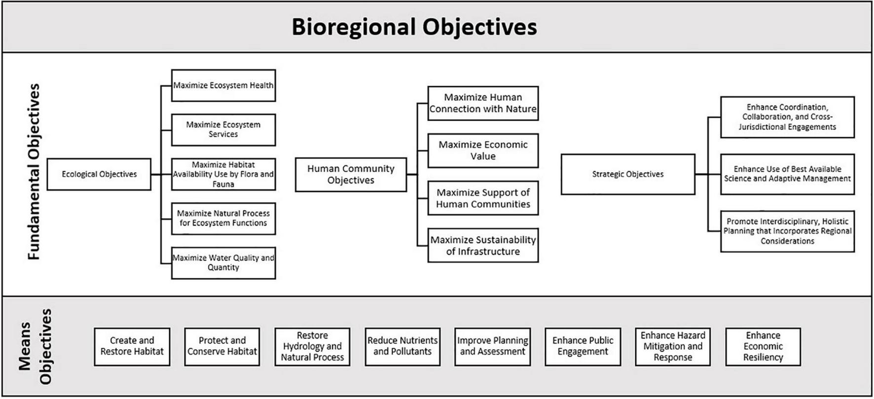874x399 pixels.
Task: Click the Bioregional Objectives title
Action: (414, 27)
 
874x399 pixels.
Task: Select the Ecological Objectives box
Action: (99, 174)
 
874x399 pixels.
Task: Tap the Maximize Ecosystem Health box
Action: (223, 85)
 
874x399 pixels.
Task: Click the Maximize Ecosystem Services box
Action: (223, 130)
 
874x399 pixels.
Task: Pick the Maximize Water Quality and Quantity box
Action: (223, 263)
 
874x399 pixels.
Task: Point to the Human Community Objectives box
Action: (351, 175)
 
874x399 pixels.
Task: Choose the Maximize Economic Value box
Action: (483, 150)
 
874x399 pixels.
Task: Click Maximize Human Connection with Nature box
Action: (483, 103)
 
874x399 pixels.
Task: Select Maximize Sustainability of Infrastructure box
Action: (483, 245)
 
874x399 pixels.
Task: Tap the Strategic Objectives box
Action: (627, 174)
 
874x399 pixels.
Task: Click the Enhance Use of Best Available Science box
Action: (787, 174)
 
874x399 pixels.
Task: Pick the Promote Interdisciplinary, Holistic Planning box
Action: (787, 231)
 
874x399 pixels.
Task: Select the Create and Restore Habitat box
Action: (132, 346)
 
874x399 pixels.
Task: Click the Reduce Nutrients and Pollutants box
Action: (402, 346)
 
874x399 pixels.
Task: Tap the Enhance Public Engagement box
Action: (583, 346)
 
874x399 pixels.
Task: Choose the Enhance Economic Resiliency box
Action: (763, 346)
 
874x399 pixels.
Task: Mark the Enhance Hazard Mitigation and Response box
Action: (673, 346)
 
